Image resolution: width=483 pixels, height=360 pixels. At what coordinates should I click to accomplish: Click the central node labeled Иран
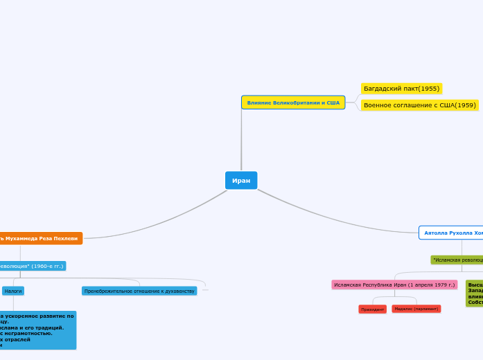click(241, 180)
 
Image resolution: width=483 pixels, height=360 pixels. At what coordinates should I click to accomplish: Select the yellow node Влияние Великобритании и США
click(293, 102)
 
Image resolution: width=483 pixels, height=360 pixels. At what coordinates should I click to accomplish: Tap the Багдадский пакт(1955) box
click(401, 89)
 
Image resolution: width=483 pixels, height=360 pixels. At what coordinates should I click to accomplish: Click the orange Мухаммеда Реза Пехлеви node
click(41, 238)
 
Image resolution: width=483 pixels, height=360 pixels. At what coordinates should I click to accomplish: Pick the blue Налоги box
click(13, 291)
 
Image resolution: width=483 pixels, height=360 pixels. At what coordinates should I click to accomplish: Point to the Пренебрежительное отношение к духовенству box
click(139, 291)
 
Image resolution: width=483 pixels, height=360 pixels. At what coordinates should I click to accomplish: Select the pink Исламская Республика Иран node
click(394, 285)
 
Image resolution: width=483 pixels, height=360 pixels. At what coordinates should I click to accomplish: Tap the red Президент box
click(372, 309)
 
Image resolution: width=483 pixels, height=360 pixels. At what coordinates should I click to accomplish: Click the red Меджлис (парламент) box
click(416, 309)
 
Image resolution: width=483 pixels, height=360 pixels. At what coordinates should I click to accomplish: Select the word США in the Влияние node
click(333, 102)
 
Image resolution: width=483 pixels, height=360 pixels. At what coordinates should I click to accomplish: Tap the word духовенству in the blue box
click(177, 291)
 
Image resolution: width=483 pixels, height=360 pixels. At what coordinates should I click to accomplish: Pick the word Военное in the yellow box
click(378, 105)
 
